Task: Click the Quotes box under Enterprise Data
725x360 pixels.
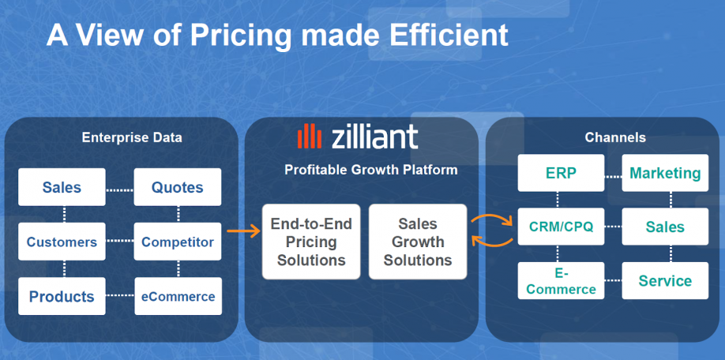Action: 178,187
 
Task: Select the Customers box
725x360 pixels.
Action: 62,242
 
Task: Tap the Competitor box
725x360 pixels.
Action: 178,242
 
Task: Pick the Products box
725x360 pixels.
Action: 62,296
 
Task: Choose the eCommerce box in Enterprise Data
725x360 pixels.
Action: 178,296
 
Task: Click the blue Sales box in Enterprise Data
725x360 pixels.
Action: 62,187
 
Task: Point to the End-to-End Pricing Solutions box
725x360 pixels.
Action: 311,242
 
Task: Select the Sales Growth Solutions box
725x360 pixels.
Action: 418,242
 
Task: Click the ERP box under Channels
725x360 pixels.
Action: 561,173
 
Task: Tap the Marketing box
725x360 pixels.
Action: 665,173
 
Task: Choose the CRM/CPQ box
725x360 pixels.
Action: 561,227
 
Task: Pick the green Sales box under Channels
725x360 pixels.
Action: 665,227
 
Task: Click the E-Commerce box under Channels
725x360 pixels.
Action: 561,280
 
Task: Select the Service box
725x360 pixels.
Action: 665,280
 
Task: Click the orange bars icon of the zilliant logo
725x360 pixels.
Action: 310,136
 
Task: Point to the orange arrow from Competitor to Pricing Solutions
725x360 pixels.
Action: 244,231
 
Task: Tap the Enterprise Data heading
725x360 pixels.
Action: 132,137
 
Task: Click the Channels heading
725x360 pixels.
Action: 615,137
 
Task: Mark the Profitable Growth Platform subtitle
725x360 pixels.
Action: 371,170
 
